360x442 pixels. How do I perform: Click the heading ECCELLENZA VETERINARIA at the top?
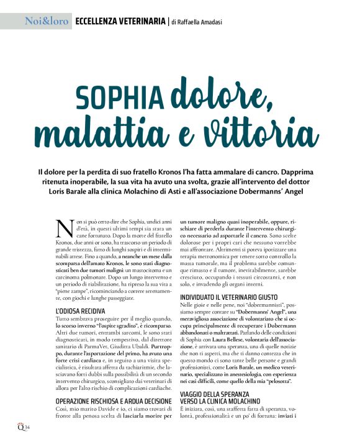[120, 22]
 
